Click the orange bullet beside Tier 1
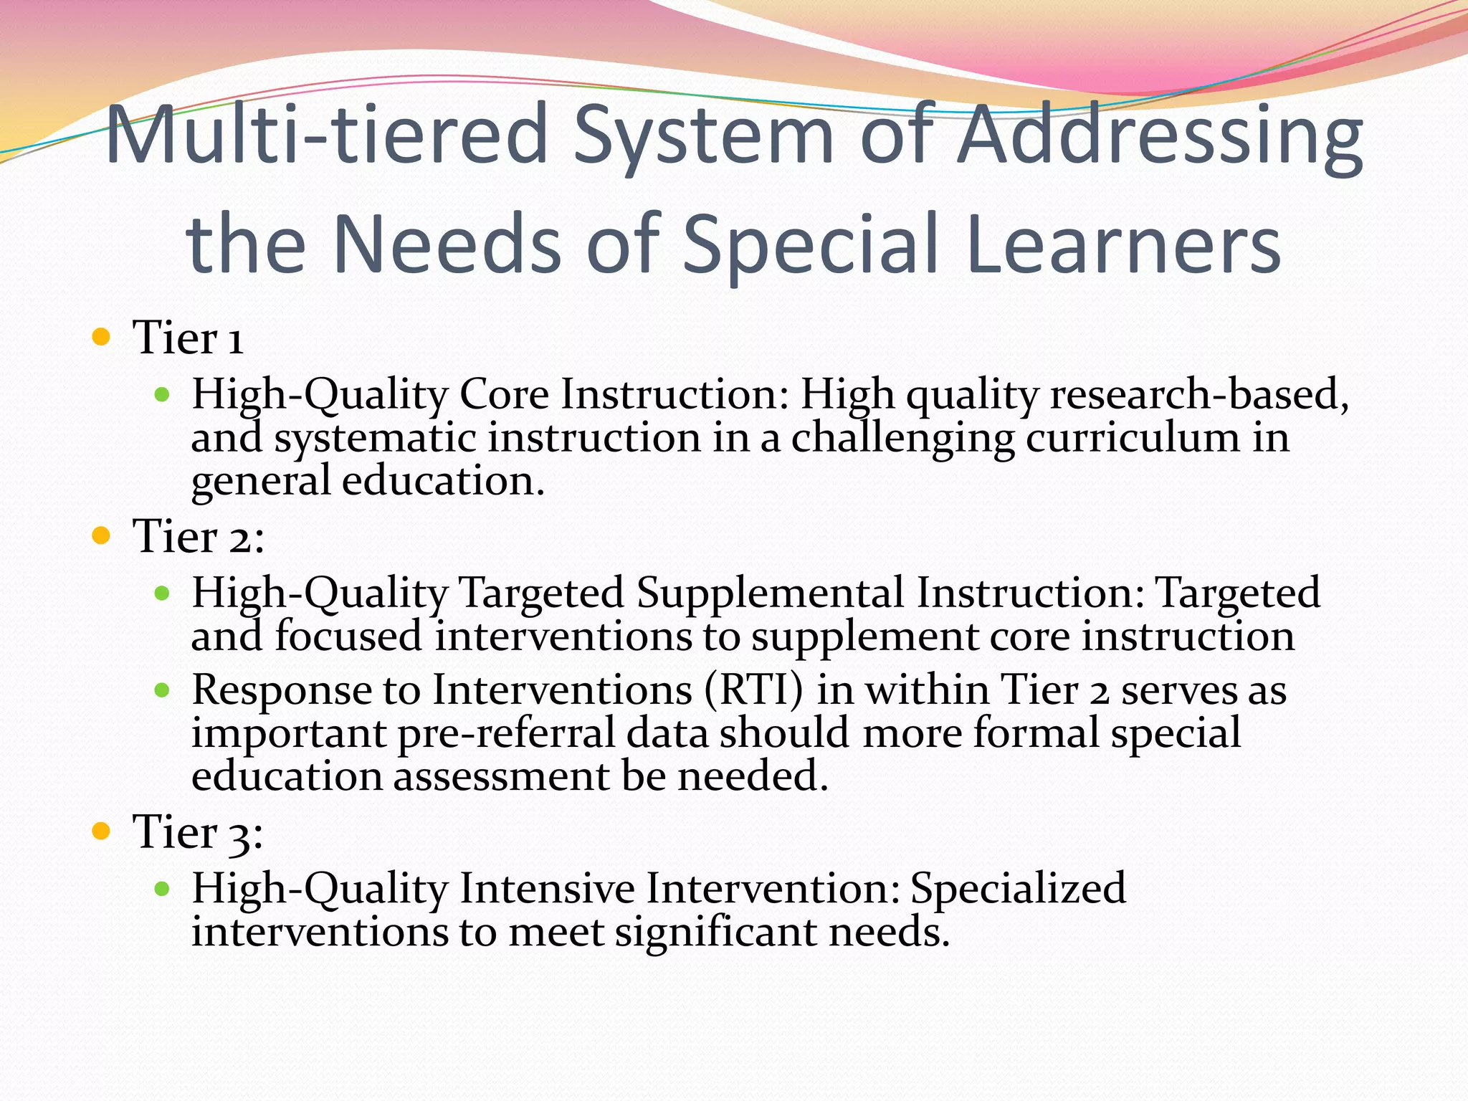(x=101, y=336)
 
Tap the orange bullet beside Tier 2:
(x=101, y=535)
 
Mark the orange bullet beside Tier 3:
(x=101, y=831)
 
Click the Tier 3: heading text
(x=198, y=833)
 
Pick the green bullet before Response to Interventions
(x=162, y=690)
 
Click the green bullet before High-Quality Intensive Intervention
(x=162, y=889)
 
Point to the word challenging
(x=902, y=439)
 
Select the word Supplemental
(x=770, y=594)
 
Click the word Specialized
(x=1018, y=890)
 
